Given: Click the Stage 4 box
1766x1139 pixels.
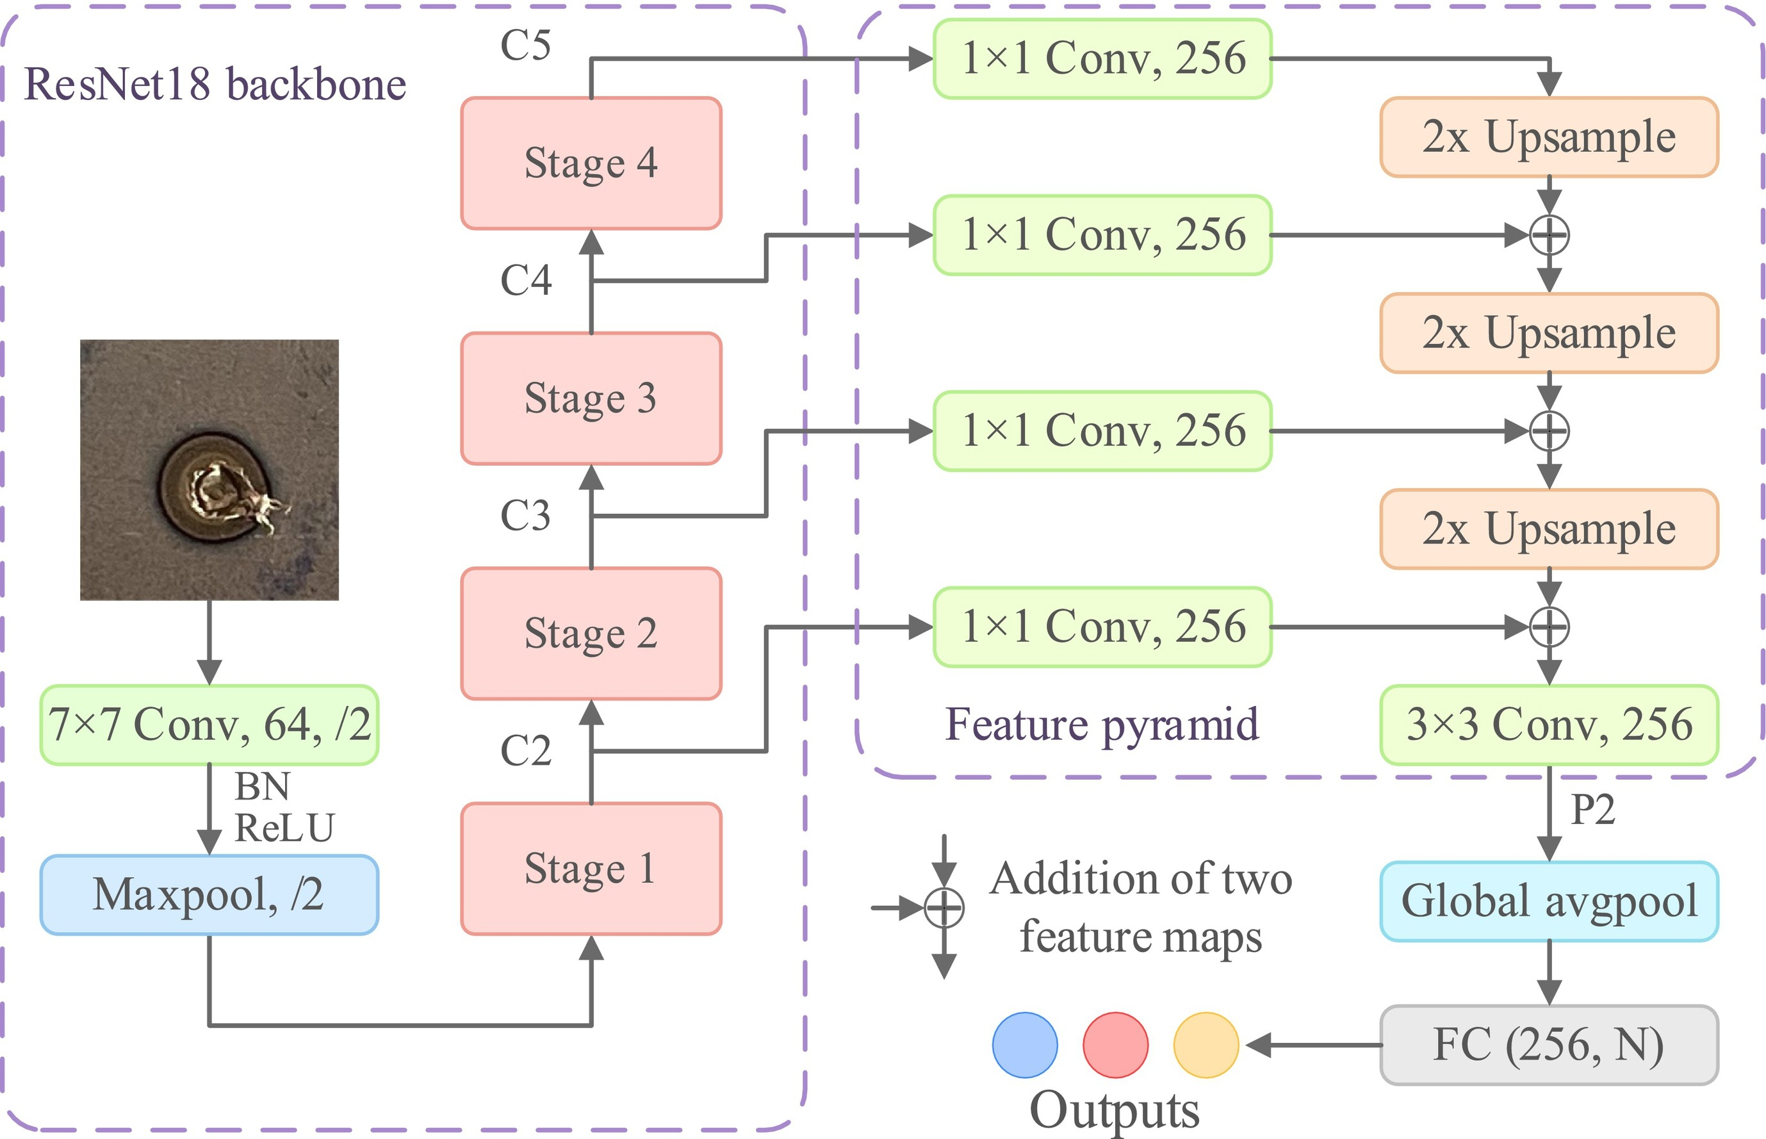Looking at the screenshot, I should point(591,163).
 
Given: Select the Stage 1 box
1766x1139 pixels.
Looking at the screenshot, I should point(591,868).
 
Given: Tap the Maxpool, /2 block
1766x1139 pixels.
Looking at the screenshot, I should point(209,895).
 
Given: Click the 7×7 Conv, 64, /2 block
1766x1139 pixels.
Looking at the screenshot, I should point(209,725).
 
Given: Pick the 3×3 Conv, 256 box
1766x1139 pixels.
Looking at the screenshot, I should point(1549,725).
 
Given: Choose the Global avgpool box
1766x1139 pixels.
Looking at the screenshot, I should point(1549,901).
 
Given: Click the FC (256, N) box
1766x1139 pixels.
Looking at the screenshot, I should point(1549,1045).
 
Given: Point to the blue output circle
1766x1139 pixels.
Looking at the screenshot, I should point(1024,1044).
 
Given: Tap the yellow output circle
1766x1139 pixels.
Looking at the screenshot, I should point(1206,1044).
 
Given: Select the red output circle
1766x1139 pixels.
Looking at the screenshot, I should point(1115,1044).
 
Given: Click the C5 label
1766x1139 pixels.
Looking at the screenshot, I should point(526,46).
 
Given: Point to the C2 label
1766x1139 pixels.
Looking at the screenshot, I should point(526,751).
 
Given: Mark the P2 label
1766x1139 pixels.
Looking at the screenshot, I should point(1592,810).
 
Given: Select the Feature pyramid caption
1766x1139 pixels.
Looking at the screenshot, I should point(1102,725).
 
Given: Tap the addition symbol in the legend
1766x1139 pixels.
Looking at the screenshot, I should point(944,908).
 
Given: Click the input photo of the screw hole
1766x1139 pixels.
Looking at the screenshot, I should point(209,470).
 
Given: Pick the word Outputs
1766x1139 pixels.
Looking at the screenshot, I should point(1115,1110).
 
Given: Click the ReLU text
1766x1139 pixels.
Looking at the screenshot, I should point(284,828).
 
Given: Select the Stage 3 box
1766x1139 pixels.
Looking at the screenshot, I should point(591,398).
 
